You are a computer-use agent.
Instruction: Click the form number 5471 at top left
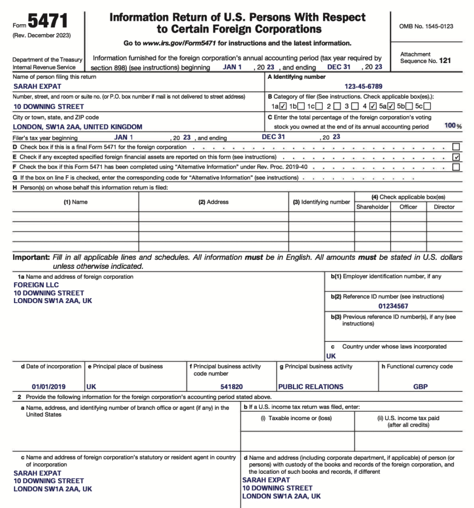49,22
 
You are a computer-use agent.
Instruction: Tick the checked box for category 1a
283,106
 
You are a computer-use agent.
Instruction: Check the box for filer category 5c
427,106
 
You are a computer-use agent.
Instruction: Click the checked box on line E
456,157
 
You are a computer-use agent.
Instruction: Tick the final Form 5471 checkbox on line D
456,147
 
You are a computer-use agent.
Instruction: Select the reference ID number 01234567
393,306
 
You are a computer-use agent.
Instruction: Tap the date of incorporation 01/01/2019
49,386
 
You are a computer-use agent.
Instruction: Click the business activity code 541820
231,386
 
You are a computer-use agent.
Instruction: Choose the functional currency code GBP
420,386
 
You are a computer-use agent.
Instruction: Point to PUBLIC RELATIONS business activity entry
311,386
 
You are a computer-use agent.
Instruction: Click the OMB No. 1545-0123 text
426,26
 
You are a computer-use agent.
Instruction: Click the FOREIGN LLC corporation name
36,285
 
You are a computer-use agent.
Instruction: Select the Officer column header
408,207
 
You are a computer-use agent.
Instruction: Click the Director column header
444,207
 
